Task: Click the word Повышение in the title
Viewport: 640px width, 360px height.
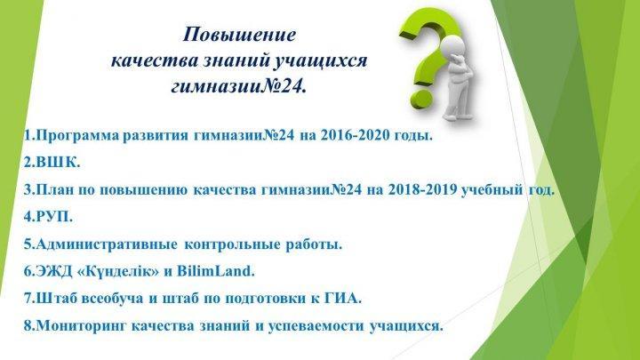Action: (239, 35)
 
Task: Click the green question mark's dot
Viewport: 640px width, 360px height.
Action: (421, 97)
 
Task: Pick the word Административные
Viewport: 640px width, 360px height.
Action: (107, 244)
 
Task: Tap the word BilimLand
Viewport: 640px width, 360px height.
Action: (215, 271)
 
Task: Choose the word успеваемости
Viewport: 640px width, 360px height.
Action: (316, 326)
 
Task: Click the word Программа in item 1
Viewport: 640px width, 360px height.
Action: (77, 135)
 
